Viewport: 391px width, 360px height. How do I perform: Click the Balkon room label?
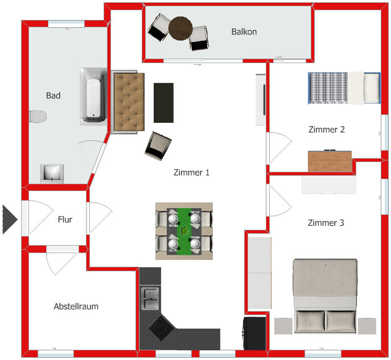244,32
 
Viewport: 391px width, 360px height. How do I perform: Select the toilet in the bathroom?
38,117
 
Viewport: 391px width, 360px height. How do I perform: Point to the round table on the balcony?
181,28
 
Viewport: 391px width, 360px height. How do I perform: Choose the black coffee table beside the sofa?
164,102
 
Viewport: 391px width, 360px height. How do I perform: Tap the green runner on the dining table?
185,230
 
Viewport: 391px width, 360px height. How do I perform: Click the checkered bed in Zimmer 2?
327,89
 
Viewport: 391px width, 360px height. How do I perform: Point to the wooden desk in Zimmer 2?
330,161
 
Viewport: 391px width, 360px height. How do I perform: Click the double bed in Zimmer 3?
324,296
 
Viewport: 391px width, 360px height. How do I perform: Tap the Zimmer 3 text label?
326,223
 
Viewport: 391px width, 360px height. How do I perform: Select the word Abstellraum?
76,307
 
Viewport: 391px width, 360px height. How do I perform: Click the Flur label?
65,220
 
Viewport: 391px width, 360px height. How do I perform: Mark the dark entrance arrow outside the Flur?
9,220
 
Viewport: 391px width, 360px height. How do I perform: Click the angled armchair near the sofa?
158,146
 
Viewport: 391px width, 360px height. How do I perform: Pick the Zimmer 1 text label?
191,172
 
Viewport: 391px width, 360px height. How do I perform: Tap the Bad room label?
53,96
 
